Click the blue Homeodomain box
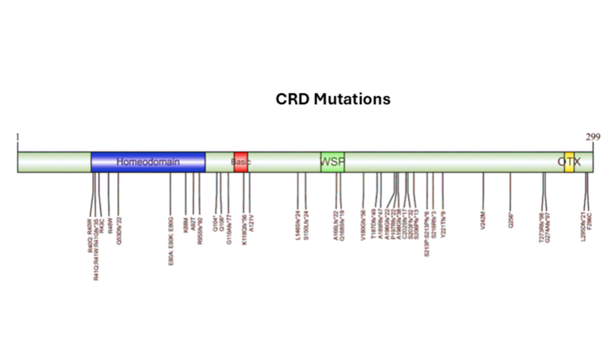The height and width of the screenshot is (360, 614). pos(148,162)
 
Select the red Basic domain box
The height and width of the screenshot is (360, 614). pos(241,162)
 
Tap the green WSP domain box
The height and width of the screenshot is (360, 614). pos(332,162)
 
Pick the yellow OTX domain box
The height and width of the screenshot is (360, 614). pos(569,162)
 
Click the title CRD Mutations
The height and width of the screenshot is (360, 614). pos(333,99)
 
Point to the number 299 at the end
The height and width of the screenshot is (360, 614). pos(593,137)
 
